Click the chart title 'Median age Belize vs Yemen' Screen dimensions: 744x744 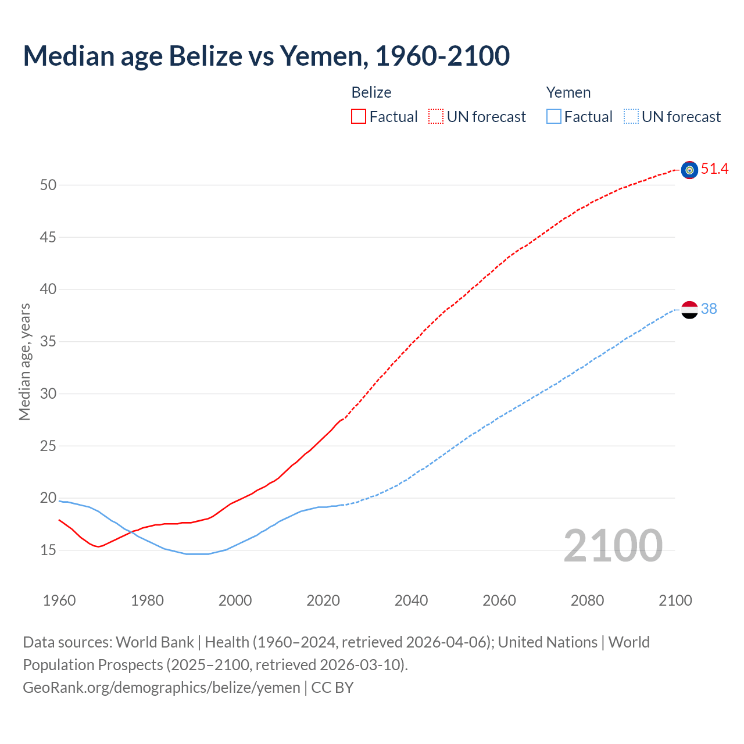pos(266,56)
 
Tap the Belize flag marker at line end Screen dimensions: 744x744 pos(689,170)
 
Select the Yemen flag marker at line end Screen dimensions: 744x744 pos(689,310)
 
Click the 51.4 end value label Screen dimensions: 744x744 pos(714,169)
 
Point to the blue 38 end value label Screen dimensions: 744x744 pos(709,309)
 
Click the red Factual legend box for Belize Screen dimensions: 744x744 pos(359,117)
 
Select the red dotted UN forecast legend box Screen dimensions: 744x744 pos(436,117)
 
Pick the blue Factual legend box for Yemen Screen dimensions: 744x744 pos(554,117)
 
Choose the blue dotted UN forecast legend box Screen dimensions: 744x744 pos(631,117)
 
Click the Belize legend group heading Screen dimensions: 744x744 pos(371,92)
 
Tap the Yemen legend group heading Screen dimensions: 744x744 pos(568,92)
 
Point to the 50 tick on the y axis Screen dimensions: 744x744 pos(48,185)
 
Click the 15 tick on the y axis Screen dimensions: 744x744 pos(48,550)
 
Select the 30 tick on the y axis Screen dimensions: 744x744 pos(48,394)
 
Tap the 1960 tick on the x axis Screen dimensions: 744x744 pos(59,600)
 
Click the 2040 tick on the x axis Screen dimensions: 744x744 pos(411,600)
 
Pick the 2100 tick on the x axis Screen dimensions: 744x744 pos(675,600)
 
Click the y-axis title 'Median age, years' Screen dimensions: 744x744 pos(24,362)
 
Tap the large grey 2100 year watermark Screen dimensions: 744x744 pos(613,546)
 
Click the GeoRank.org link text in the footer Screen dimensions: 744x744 pos(162,688)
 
